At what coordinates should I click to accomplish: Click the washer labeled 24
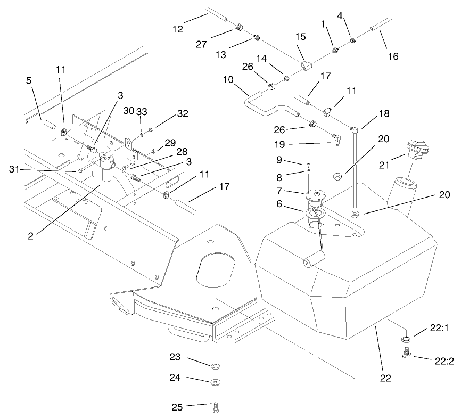pyautogui.click(x=216, y=382)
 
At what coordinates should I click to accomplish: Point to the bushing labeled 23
pyautogui.click(x=216, y=366)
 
